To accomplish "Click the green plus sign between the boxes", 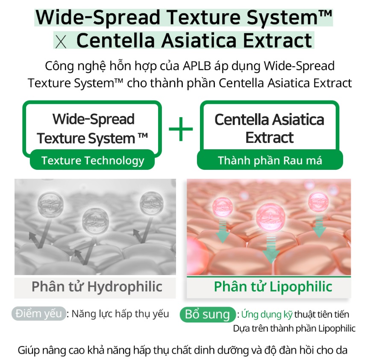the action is (181, 129).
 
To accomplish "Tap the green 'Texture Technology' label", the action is (92, 160).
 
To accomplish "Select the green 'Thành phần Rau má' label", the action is (270, 160).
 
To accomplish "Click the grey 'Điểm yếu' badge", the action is (38, 314).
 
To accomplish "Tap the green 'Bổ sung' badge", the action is (208, 314).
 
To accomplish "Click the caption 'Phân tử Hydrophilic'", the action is (97, 287).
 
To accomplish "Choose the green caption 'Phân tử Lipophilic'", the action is (273, 287).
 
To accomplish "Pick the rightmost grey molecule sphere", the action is (152, 203).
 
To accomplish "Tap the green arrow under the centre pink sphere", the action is (271, 249).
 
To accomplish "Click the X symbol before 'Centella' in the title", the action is (61, 42).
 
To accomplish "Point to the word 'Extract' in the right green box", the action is (270, 138).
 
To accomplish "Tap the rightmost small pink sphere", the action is (318, 202).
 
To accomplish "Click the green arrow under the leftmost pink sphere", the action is (223, 231).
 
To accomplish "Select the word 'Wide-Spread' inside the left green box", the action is (94, 119).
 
